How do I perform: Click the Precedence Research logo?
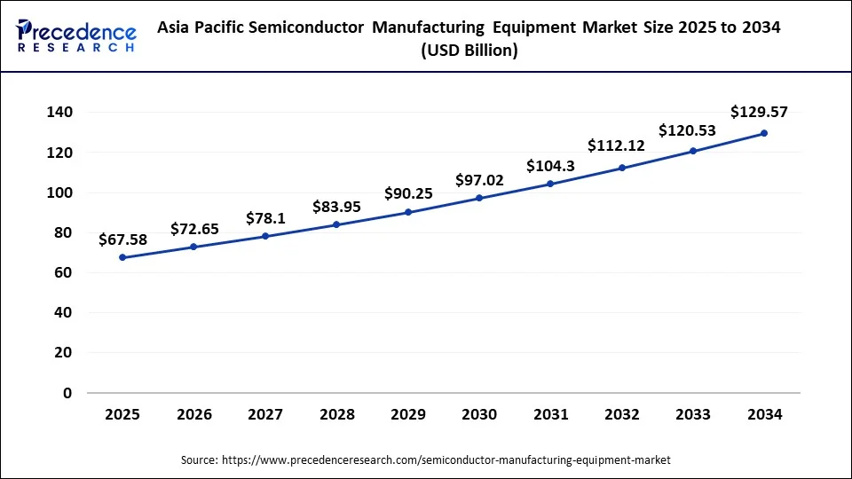76,36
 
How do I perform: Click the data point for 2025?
122,257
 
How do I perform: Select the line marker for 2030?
479,198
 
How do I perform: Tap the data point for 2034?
764,133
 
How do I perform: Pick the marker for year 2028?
336,224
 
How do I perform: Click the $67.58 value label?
122,239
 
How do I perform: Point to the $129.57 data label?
759,112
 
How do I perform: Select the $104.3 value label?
550,166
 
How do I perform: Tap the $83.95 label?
336,207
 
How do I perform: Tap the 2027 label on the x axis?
265,414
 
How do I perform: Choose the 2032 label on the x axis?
621,414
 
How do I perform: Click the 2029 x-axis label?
407,414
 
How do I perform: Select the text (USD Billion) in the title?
469,51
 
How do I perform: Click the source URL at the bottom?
446,460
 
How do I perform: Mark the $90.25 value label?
408,193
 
